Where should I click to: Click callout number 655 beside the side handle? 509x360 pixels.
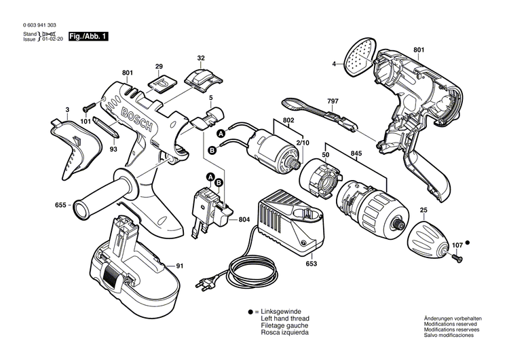pos(61,203)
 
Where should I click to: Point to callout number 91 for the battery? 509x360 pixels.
pos(180,266)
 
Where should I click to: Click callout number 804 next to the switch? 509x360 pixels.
pos(244,220)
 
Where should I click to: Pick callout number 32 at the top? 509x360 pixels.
pos(201,58)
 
